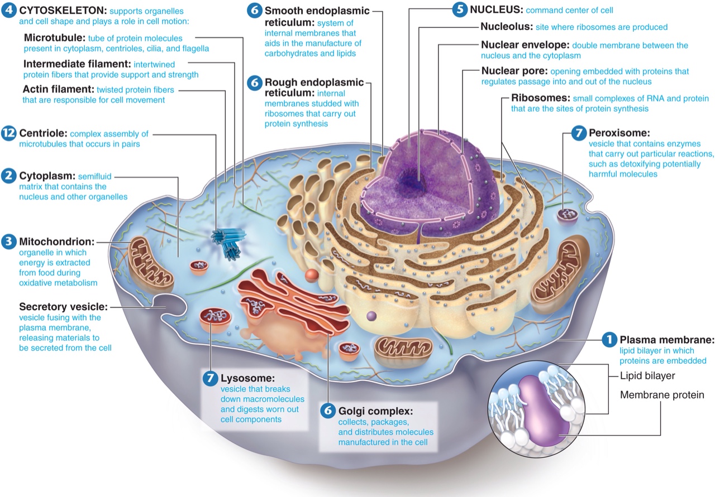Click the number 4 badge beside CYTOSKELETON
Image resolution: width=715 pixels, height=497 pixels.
pos(9,11)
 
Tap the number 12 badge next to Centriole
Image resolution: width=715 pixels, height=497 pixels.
pos(9,134)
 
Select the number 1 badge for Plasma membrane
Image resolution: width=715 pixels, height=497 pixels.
pos(609,339)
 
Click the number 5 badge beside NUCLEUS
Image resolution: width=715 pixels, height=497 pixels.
pos(460,10)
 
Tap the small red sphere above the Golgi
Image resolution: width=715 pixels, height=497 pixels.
pos(312,276)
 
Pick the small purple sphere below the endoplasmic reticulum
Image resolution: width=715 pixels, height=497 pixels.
pos(371,317)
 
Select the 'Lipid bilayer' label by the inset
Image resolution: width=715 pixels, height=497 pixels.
pos(647,376)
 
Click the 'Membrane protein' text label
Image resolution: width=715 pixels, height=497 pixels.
pos(662,395)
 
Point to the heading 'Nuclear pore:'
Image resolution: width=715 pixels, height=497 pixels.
pos(514,71)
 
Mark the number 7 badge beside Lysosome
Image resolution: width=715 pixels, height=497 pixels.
pos(211,378)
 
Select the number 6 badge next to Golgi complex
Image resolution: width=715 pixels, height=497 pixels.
pos(328,411)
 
